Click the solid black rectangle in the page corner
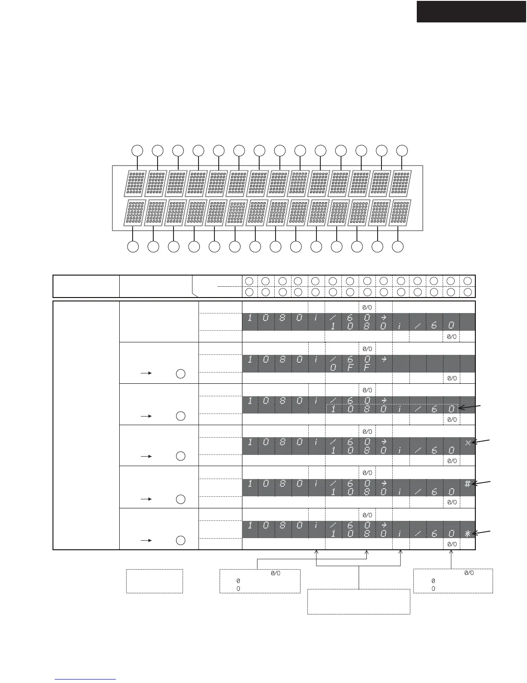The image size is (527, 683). pos(471,11)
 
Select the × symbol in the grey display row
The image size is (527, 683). pos(468,442)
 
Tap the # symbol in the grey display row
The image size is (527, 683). pos(468,484)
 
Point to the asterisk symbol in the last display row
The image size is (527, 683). pos(468,533)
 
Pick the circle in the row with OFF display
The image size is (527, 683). pos(181,374)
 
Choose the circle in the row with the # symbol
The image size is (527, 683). pos(181,499)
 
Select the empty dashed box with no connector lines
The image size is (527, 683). pos(154,581)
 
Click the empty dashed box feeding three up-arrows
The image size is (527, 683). pos(359,601)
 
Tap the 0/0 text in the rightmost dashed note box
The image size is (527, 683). pos(469,573)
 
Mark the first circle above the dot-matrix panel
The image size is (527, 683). pos(137,150)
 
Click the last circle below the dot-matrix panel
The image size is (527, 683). pos(399,247)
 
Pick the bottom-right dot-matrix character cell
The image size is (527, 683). pos(400,213)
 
